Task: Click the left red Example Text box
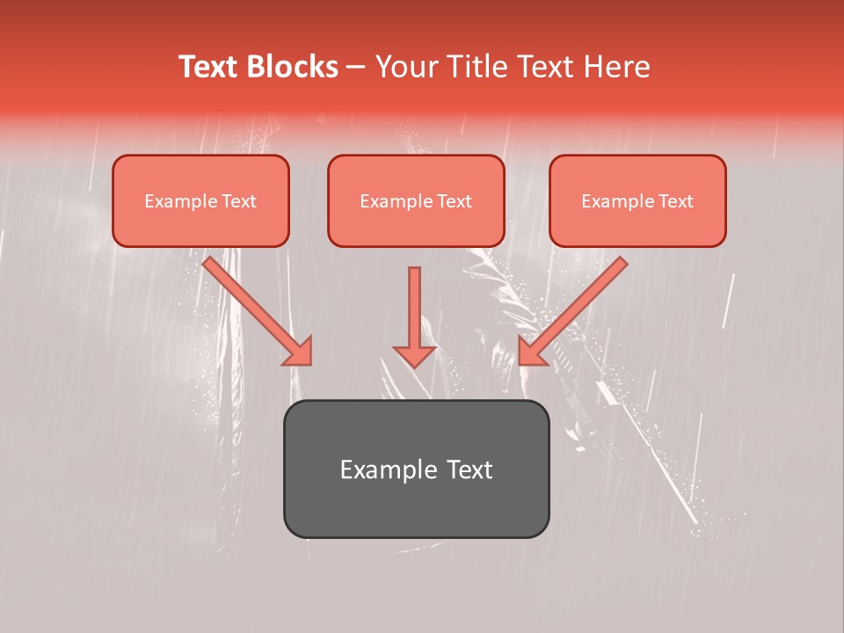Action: [x=200, y=201]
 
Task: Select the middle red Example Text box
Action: [x=416, y=201]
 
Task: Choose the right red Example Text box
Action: [x=637, y=201]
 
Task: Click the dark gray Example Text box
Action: [x=416, y=469]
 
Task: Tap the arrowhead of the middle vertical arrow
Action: [x=414, y=356]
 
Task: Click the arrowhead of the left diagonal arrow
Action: [x=299, y=352]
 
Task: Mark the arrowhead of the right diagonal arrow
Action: [x=531, y=352]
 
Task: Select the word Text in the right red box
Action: [x=676, y=201]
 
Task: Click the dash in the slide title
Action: [x=357, y=68]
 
